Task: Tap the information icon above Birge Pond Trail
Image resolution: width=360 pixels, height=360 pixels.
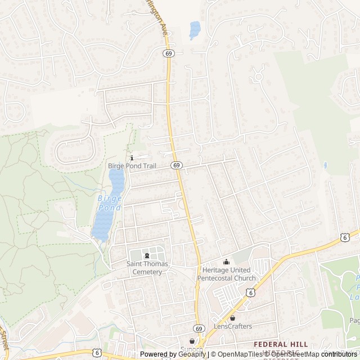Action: click(132, 158)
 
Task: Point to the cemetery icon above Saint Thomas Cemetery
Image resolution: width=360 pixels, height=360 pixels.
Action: click(147, 256)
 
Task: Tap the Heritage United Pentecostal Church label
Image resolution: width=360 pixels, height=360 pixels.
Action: click(226, 274)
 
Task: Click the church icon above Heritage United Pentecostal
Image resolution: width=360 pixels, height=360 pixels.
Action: click(227, 262)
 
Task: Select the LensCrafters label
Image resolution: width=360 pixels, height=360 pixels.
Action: click(232, 326)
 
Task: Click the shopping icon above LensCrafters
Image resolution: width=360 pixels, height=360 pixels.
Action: click(232, 318)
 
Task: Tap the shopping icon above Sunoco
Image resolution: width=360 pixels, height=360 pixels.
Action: click(192, 341)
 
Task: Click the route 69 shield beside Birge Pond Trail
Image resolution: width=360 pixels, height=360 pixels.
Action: click(177, 165)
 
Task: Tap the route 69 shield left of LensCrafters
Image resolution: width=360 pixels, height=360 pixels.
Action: click(199, 328)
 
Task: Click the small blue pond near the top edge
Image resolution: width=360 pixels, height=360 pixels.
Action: click(195, 29)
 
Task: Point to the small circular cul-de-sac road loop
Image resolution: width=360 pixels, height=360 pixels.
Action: click(259, 74)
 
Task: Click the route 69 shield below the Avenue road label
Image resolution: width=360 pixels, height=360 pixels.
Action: click(168, 53)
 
